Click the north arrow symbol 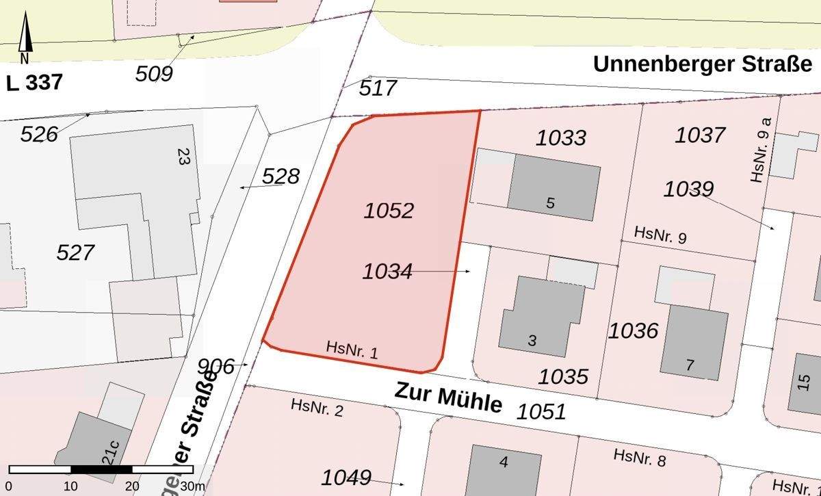(25, 38)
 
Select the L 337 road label (34, 83)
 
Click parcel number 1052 (389, 210)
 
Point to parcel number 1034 (387, 272)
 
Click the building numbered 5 (553, 187)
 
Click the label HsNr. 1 (352, 350)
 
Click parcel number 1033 (561, 138)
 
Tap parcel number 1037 (700, 135)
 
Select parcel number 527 (75, 252)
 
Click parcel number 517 (378, 88)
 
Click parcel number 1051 (541, 411)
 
